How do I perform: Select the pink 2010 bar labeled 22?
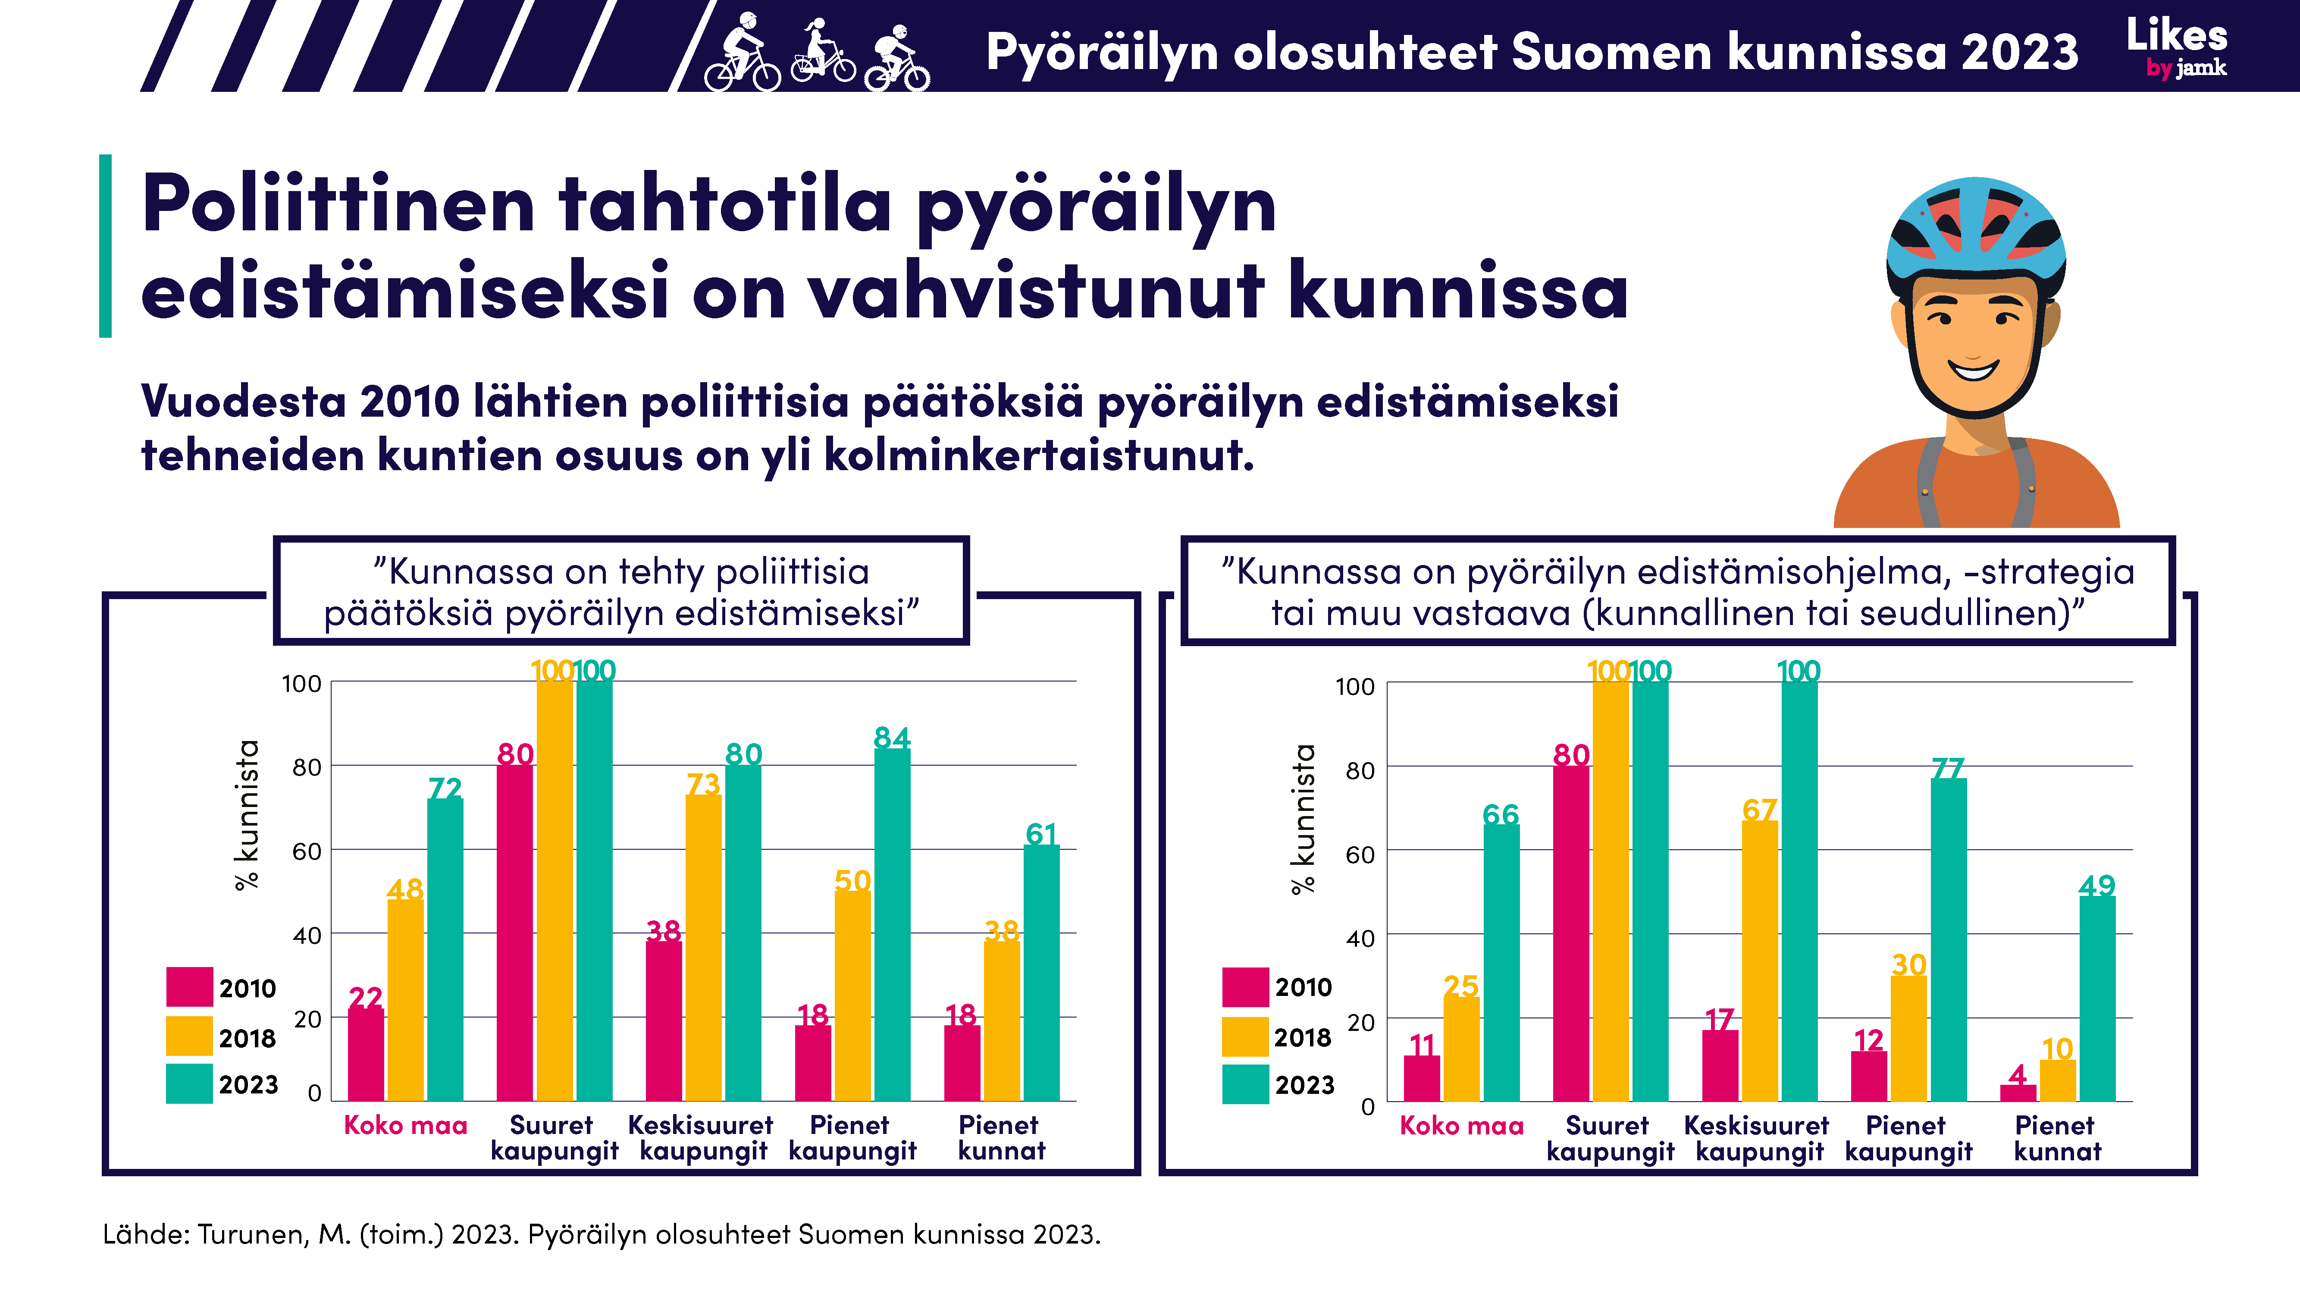(x=365, y=1054)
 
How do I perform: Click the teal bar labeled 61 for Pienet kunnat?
(x=1041, y=974)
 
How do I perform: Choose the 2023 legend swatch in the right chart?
(x=1244, y=1084)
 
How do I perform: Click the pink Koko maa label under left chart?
(x=405, y=1125)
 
